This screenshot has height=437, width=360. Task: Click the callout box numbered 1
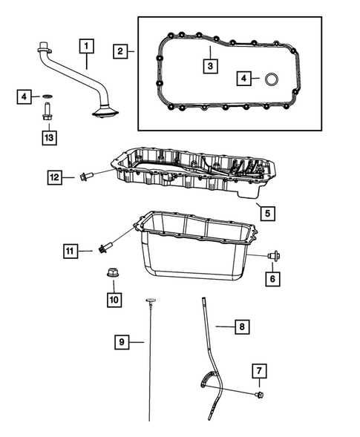(x=88, y=47)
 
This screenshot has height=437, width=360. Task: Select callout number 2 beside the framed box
(x=120, y=51)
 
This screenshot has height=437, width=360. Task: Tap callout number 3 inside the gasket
(x=211, y=66)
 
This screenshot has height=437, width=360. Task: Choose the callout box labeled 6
(x=272, y=278)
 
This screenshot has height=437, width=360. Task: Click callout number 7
(x=259, y=370)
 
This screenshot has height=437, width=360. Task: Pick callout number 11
(x=71, y=252)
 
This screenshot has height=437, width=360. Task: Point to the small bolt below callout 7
(x=259, y=395)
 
